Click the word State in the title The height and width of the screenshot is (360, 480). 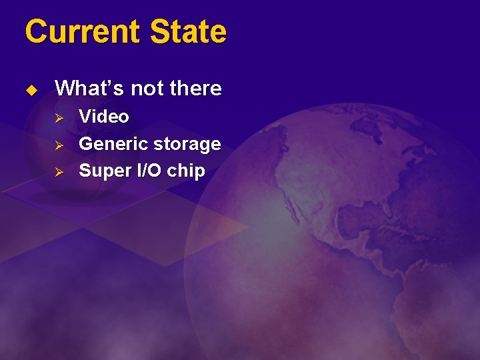[189, 31]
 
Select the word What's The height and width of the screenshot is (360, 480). [85, 88]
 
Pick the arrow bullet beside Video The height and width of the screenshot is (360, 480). [58, 117]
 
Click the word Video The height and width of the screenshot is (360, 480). [104, 117]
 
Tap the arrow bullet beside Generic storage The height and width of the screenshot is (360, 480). [58, 145]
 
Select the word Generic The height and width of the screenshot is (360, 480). [113, 144]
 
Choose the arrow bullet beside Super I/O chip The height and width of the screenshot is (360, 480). [58, 171]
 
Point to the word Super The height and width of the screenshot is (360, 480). [101, 171]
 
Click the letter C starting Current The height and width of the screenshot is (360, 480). [35, 31]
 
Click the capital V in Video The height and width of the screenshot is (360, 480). [85, 117]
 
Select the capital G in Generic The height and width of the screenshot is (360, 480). [86, 144]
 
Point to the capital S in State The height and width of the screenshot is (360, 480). [161, 31]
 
